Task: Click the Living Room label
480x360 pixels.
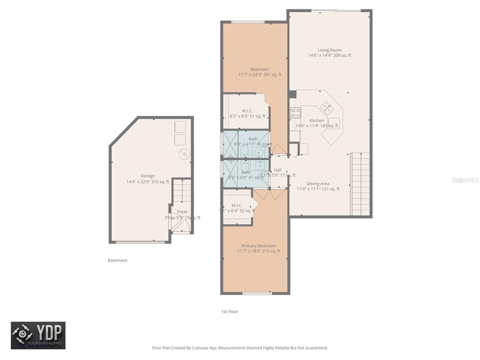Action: point(329,50)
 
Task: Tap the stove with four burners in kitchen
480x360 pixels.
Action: point(295,113)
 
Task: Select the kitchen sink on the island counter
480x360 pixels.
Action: point(326,108)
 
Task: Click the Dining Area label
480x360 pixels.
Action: point(318,184)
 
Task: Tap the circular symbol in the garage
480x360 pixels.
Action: point(184,154)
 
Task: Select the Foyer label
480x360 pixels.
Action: point(182,211)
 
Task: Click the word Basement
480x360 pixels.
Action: point(117,260)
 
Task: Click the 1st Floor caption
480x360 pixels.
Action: point(229,311)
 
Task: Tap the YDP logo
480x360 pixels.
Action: point(38,335)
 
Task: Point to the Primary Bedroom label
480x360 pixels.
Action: point(258,246)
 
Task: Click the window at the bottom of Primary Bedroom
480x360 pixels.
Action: point(257,293)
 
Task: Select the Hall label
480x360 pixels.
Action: point(277,170)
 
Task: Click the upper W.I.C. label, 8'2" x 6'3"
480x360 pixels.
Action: point(247,111)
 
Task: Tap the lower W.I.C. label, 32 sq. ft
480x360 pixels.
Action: point(237,205)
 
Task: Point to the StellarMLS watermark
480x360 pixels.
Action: point(465,180)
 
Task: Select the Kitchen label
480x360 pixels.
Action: point(316,120)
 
